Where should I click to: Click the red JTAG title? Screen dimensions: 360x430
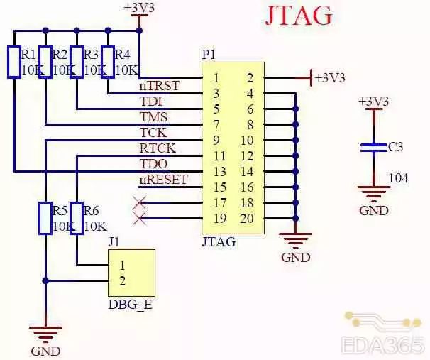[299, 16]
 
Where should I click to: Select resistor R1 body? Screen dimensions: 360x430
[14, 61]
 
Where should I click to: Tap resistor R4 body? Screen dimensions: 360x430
[108, 61]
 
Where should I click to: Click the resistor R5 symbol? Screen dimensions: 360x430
[45, 218]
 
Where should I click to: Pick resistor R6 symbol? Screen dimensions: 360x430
[77, 218]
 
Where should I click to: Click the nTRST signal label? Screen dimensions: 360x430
[159, 86]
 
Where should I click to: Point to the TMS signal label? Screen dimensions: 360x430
[154, 116]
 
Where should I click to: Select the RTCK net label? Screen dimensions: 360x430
[157, 148]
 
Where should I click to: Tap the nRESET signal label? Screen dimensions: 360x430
[163, 179]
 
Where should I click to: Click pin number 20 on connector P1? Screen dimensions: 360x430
[247, 218]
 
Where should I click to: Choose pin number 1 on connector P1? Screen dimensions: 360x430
[216, 77]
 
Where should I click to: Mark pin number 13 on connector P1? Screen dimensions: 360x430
[219, 171]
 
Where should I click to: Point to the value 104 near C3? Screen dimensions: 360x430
[399, 178]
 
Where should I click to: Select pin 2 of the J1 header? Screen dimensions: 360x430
[122, 280]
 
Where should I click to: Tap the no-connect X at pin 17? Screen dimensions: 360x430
[140, 203]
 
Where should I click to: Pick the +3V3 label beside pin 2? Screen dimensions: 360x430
[331, 77]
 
